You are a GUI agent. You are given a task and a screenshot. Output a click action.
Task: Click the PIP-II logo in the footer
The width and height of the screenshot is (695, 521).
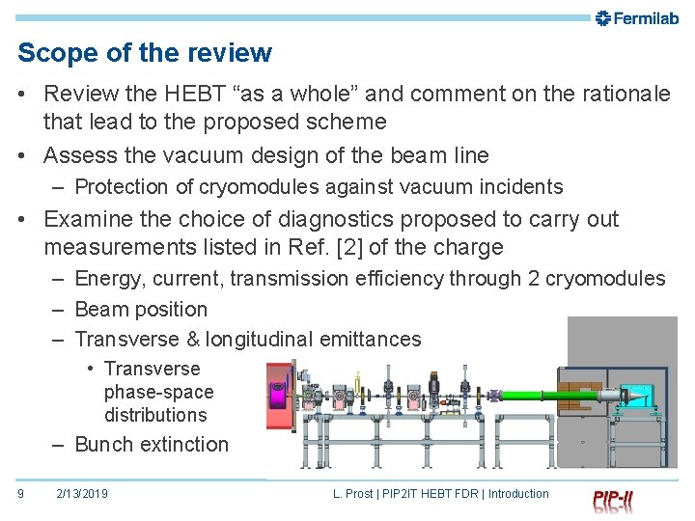pos(614,500)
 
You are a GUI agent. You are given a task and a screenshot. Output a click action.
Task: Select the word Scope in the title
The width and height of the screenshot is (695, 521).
pos(52,53)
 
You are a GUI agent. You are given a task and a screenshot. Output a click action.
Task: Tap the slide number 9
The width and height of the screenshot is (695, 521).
pos(21,494)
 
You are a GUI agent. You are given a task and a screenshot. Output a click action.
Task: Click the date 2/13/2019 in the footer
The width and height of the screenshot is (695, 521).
pos(82,494)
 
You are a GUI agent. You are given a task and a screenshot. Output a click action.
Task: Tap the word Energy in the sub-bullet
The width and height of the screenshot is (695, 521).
pos(105,279)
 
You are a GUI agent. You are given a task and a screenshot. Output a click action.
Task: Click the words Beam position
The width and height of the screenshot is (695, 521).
pos(141,310)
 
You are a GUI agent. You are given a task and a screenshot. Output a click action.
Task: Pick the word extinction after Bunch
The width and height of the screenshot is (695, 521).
pos(183,445)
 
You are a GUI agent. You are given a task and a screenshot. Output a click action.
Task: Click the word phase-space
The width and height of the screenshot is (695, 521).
pos(158,392)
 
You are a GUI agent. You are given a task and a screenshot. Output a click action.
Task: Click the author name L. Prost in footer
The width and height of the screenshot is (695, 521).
pos(353,494)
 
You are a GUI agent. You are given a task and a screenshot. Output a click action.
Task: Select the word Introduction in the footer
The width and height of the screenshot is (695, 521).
pos(518,494)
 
